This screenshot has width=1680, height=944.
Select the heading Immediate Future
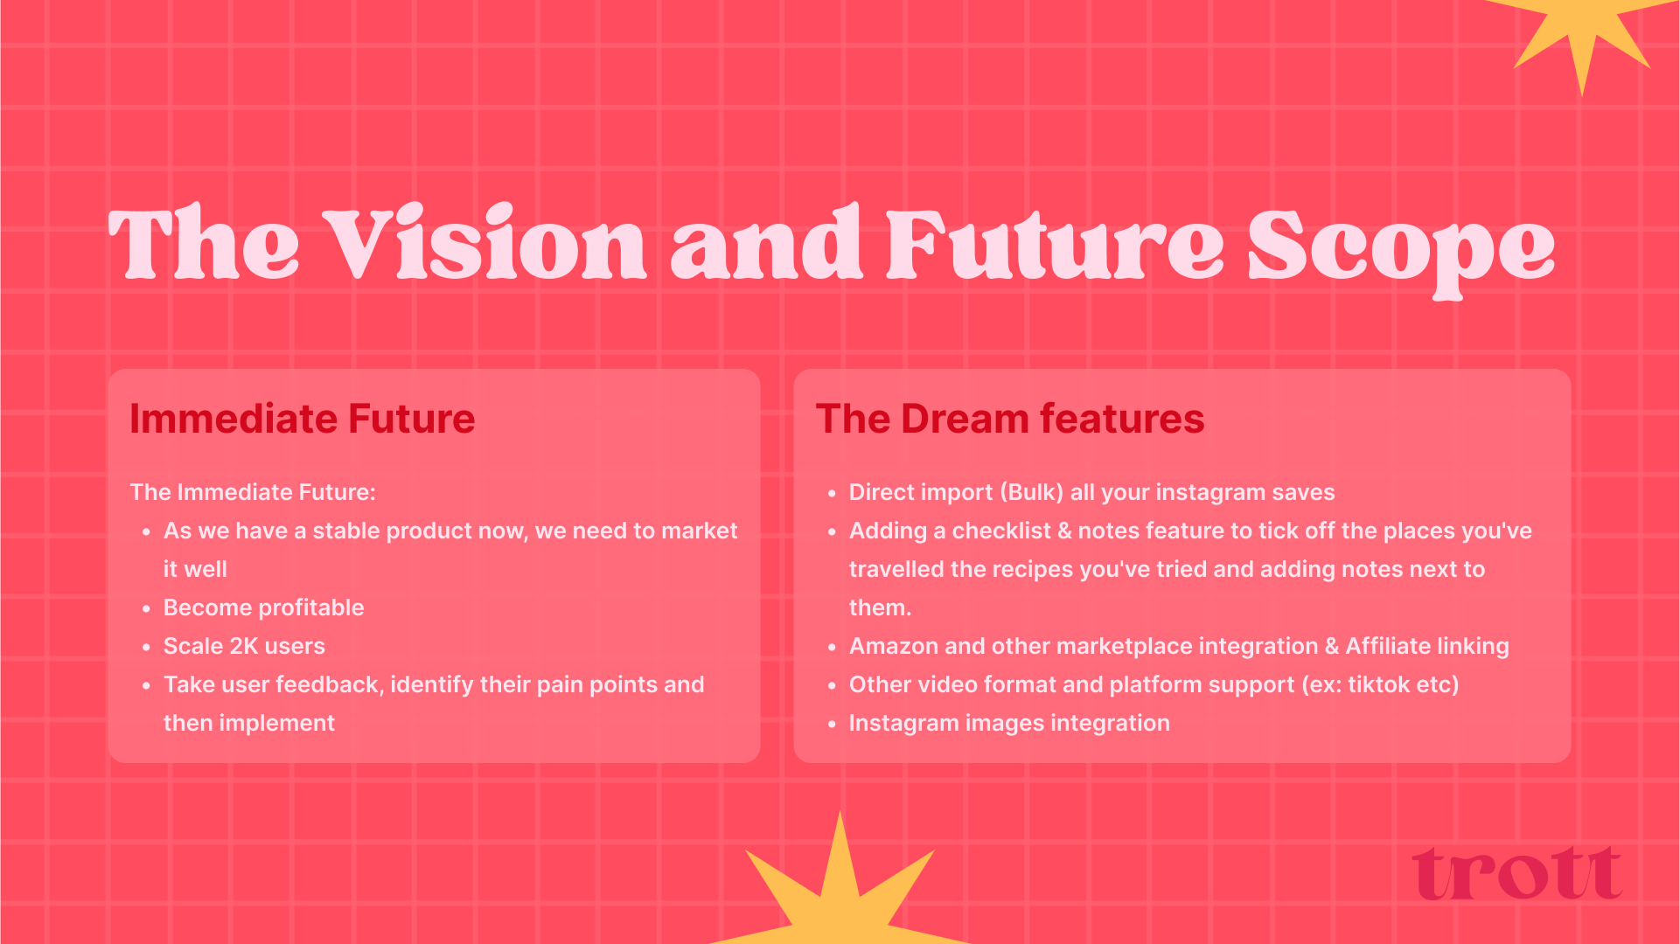(303, 419)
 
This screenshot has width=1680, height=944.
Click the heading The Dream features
(1010, 419)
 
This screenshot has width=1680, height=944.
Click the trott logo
(1517, 872)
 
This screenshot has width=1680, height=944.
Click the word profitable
(312, 608)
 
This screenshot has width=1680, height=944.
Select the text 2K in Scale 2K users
(244, 646)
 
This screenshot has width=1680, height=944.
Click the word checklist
(1001, 531)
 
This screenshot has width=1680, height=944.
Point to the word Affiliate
(1386, 646)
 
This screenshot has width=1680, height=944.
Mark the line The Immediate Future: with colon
(253, 492)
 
